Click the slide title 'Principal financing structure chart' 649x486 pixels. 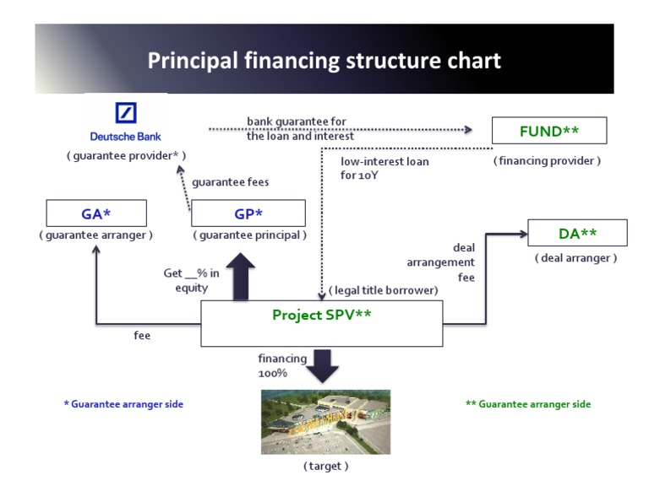[324, 61]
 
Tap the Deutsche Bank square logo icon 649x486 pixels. [126, 114]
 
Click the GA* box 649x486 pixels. [95, 213]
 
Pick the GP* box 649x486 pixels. [248, 213]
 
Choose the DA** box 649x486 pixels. [577, 232]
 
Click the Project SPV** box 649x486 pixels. [321, 323]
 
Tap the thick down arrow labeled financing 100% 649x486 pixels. [323, 364]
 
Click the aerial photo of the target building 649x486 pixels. [325, 421]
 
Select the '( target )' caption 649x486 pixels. [325, 466]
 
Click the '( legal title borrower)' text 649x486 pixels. [383, 291]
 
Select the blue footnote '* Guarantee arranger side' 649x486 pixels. [123, 404]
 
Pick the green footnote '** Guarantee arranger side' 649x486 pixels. [528, 404]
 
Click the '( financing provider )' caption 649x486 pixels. [547, 160]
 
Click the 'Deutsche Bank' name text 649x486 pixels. [125, 136]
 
